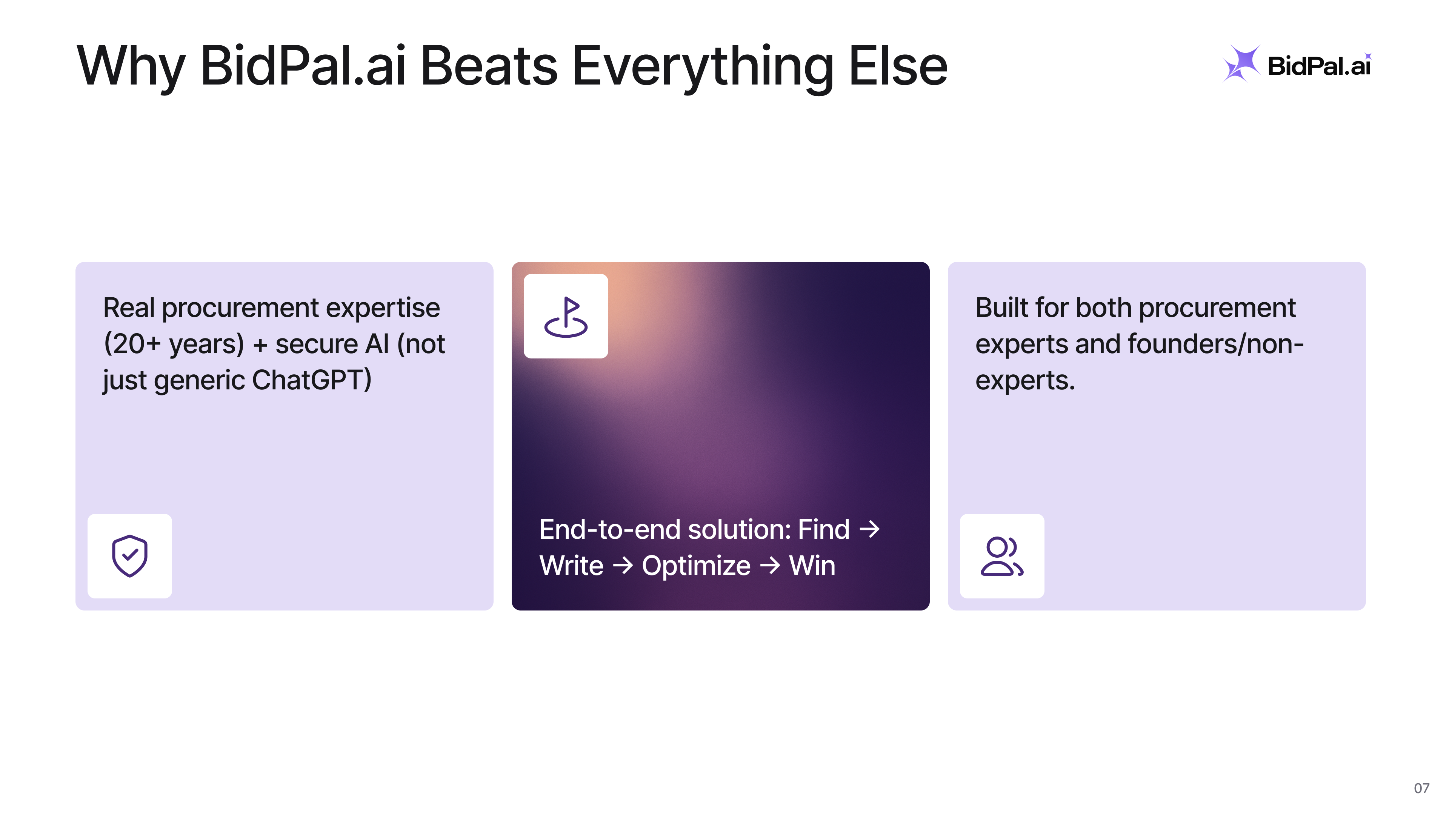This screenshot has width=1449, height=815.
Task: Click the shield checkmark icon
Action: (x=130, y=556)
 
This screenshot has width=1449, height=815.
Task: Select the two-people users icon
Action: (x=1002, y=556)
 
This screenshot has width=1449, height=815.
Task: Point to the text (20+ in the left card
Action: (x=132, y=344)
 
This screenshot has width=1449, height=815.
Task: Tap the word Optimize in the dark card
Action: (x=696, y=566)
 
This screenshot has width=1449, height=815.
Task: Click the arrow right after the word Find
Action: (x=870, y=529)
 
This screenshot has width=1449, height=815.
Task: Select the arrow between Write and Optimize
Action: (x=623, y=566)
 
